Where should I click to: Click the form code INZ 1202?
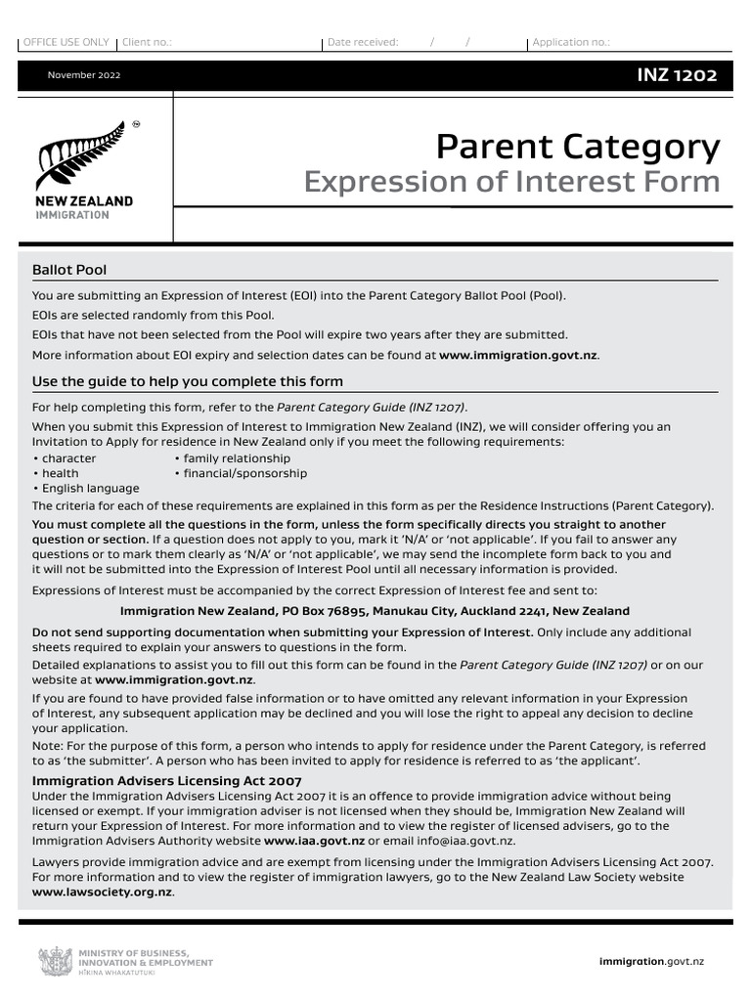pyautogui.click(x=677, y=76)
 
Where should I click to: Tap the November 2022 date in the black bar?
pyautogui.click(x=85, y=76)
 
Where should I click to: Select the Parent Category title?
pyautogui.click(x=577, y=147)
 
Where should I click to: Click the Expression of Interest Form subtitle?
pyautogui.click(x=511, y=182)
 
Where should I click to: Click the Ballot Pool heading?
pyautogui.click(x=69, y=270)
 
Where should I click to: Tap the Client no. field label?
pyautogui.click(x=148, y=42)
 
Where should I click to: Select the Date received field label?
pyautogui.click(x=363, y=42)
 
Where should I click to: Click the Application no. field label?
pyautogui.click(x=571, y=42)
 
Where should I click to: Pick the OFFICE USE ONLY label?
pyautogui.click(x=66, y=42)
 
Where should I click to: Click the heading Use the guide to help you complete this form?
pyautogui.click(x=188, y=381)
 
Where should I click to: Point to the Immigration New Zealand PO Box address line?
pyautogui.click(x=375, y=611)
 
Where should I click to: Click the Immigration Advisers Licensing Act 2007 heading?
pyautogui.click(x=167, y=781)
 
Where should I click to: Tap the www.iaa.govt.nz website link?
pyautogui.click(x=314, y=840)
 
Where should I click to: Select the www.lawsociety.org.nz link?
pyautogui.click(x=103, y=892)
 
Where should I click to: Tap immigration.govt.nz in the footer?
pyautogui.click(x=650, y=962)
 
